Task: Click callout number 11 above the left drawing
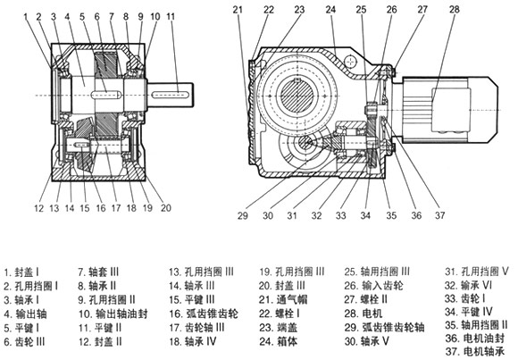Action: point(171,16)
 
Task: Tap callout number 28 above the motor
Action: point(455,9)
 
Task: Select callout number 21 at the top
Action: point(238,10)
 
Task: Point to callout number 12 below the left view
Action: point(39,208)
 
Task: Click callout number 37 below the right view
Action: point(439,215)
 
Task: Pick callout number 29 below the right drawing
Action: point(243,215)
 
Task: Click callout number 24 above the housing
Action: point(330,10)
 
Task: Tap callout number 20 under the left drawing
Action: point(166,208)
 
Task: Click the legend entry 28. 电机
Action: point(363,313)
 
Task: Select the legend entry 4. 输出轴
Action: point(25,314)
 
